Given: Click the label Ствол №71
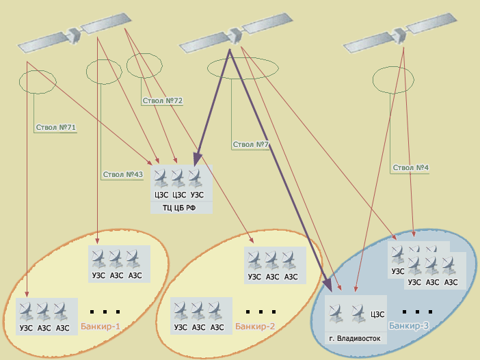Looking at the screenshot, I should tap(55, 127).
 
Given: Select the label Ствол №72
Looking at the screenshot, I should tap(162, 101).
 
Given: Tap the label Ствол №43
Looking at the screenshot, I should tap(122, 174).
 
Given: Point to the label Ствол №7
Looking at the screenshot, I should tap(252, 144).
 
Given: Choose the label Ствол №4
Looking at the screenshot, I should tap(410, 167).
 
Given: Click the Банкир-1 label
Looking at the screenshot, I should tap(101, 327).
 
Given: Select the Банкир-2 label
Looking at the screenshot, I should tap(255, 327).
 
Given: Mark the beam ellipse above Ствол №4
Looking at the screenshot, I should tap(393, 81).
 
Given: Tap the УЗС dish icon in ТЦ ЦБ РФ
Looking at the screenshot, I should tap(196, 178).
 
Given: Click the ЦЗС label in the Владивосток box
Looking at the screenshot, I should tap(377, 315).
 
